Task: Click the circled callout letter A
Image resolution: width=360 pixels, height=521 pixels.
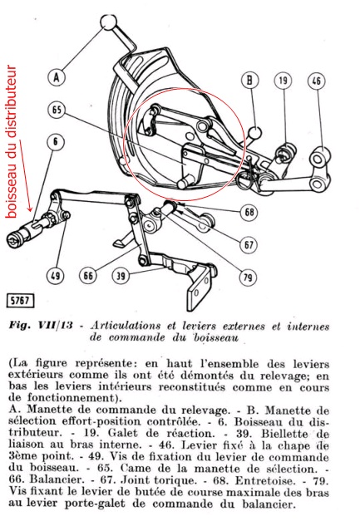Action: click(57, 77)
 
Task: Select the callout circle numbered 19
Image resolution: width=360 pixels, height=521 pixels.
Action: click(283, 81)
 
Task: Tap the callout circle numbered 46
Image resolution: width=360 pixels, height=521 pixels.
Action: click(316, 81)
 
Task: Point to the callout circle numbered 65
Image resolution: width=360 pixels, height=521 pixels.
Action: click(57, 110)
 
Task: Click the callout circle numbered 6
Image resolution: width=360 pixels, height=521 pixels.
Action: click(57, 142)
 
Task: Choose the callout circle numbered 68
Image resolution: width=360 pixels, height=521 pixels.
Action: click(249, 213)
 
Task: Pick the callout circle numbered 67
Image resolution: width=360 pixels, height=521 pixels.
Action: click(249, 243)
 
